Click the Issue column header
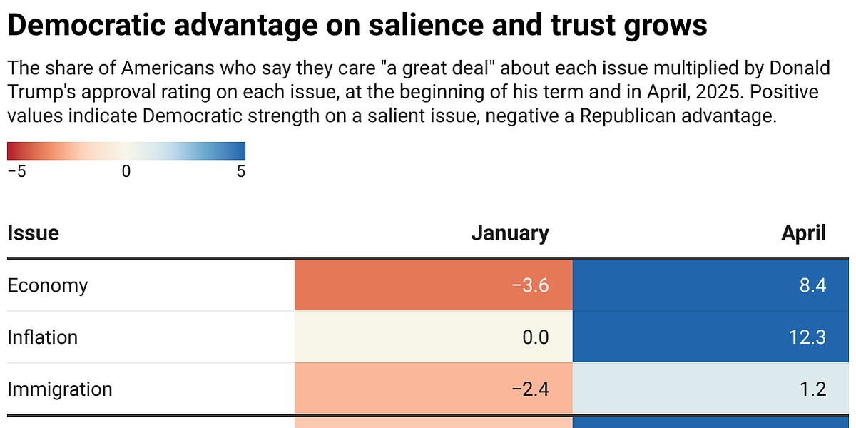coord(34,233)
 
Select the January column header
coord(510,233)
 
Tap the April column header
coord(804,233)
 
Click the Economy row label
coord(47,286)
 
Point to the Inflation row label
coord(42,337)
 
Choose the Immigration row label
coord(60,389)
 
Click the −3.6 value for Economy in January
coord(531,285)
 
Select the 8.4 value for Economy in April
coord(812,285)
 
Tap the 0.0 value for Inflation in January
coord(536,337)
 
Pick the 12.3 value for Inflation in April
coord(807,337)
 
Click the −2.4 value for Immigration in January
coord(531,389)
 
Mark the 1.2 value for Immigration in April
coord(812,389)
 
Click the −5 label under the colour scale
coord(17,171)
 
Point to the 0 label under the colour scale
coord(126,171)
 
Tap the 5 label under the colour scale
coord(241,171)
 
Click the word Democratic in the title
coord(86,25)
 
